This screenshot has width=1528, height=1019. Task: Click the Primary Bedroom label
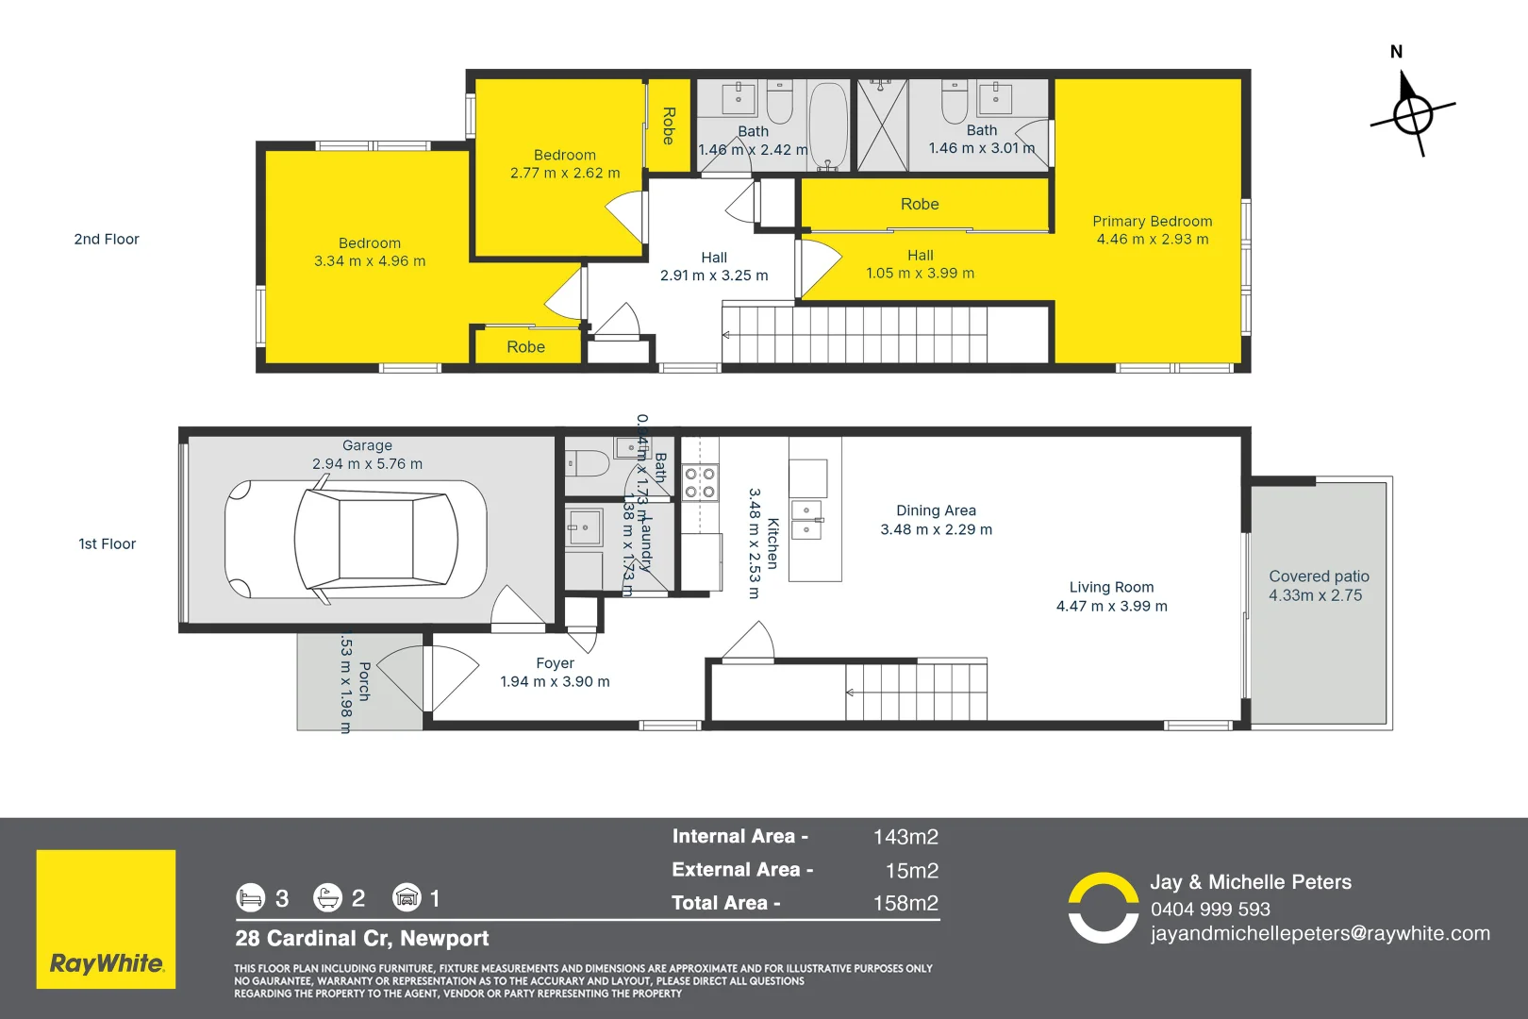coord(1152,222)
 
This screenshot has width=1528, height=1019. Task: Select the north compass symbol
coord(1412,114)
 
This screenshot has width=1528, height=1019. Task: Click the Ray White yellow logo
coord(106,919)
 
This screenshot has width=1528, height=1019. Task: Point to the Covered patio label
coord(1319,576)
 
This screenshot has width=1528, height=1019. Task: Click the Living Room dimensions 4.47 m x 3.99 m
coord(1111,607)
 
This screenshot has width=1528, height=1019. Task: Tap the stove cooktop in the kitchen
coord(700,482)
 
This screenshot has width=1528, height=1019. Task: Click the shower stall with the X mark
coord(882,125)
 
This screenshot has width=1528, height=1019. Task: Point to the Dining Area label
coord(936,510)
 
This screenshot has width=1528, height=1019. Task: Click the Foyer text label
coord(555,663)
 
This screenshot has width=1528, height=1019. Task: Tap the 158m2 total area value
coord(905,903)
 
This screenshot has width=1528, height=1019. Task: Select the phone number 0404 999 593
coord(1210,909)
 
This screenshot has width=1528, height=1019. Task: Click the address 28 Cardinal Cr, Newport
coord(362,938)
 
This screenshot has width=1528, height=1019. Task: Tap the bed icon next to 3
coord(251,897)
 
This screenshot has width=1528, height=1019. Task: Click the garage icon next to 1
coord(407,897)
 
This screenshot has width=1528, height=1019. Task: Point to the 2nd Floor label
coord(107,240)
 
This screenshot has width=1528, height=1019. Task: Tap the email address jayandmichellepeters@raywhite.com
coord(1320,933)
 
